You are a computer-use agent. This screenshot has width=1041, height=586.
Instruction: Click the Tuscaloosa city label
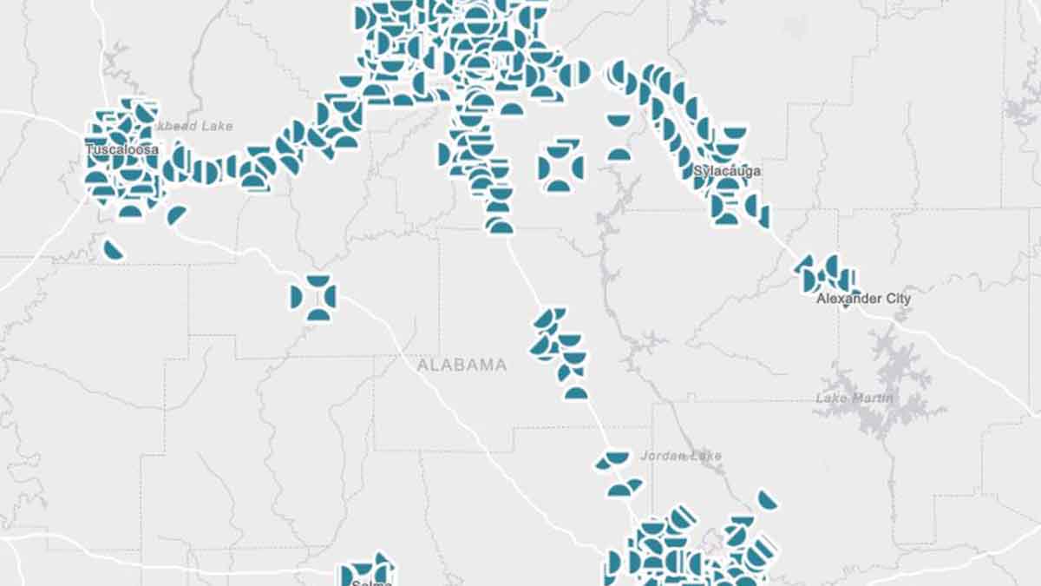(x=121, y=150)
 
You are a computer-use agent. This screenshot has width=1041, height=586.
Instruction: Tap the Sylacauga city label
(x=727, y=171)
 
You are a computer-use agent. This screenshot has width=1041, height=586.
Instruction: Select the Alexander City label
(x=864, y=299)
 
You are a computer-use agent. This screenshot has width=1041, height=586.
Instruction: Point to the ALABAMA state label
(x=462, y=365)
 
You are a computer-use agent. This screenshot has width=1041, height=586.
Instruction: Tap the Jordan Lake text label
(x=681, y=456)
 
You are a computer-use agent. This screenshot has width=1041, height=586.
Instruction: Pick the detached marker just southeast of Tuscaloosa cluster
(x=176, y=214)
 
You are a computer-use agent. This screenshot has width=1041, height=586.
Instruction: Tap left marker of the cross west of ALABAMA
(x=297, y=297)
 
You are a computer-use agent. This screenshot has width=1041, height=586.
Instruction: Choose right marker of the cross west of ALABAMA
(x=331, y=297)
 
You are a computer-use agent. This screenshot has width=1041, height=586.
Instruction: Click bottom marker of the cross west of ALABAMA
(x=318, y=314)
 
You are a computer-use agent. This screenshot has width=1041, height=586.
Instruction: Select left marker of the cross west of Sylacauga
(x=544, y=168)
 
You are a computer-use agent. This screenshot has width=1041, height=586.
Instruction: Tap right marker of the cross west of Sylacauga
(x=577, y=167)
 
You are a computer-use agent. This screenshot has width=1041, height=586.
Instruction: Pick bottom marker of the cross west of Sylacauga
(x=559, y=185)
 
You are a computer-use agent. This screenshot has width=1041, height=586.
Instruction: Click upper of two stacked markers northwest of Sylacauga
(x=619, y=120)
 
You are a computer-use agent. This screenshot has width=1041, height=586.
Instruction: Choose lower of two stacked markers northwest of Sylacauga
(x=619, y=155)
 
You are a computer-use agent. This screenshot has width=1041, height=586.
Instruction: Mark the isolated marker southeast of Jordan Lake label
(x=766, y=500)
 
